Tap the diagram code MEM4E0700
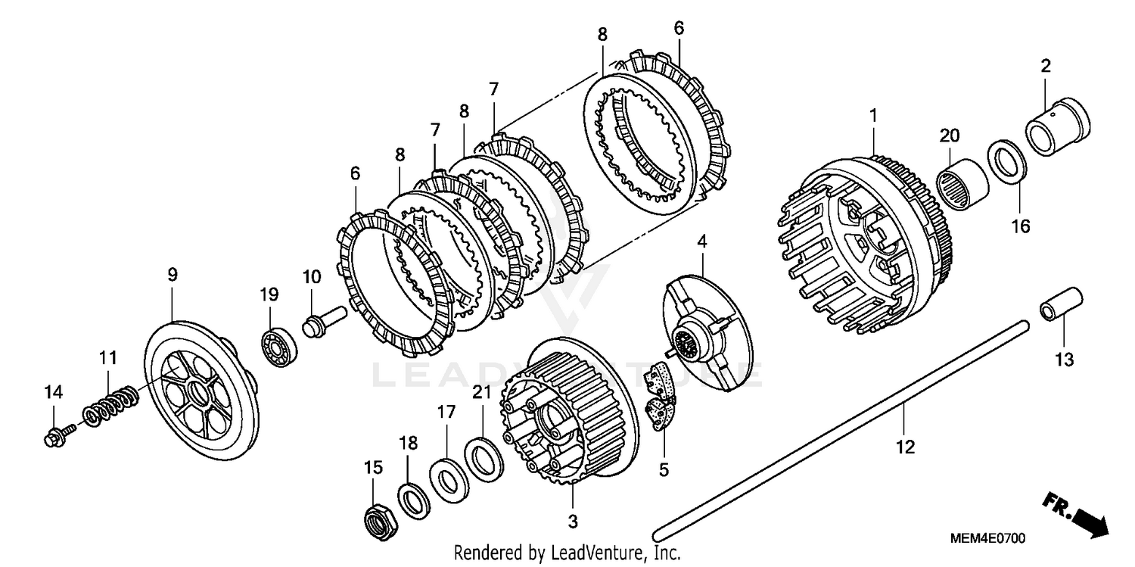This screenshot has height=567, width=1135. pos(987,539)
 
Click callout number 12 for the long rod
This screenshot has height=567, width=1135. pos(904,447)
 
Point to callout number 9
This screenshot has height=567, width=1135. pos(173,275)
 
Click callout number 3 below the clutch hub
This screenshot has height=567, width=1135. pos(572,522)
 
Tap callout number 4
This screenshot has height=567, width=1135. pos(701,242)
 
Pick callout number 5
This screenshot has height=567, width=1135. pos(664,469)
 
